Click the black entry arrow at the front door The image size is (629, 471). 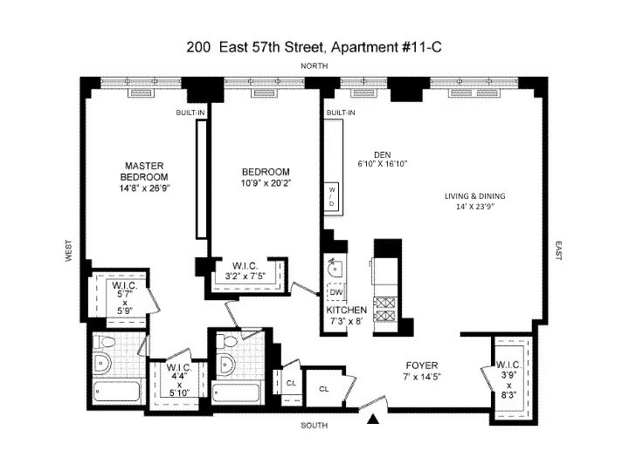point(375,420)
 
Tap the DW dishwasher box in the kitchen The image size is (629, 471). point(335,292)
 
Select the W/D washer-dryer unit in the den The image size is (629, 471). point(332,196)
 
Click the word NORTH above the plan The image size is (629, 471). point(314,67)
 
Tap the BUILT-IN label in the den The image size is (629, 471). point(340,114)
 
